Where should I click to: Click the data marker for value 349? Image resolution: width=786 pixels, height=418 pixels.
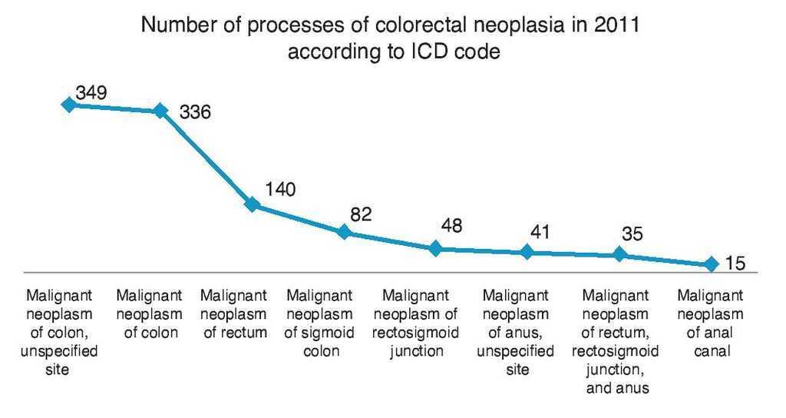(68, 104)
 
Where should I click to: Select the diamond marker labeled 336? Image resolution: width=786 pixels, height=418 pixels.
(160, 110)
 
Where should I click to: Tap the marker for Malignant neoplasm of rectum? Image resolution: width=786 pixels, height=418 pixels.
(252, 204)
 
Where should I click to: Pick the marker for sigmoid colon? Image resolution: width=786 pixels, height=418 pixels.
(344, 231)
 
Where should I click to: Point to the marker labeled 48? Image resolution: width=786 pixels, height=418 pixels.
(435, 248)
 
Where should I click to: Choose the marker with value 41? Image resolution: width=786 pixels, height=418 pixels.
(527, 252)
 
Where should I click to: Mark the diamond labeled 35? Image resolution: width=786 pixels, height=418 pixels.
(619, 254)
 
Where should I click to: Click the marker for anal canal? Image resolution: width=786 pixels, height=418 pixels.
(710, 264)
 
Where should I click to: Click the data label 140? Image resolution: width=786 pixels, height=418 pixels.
(280, 190)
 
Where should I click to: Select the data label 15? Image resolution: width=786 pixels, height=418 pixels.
(735, 264)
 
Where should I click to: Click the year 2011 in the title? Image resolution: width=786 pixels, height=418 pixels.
(617, 26)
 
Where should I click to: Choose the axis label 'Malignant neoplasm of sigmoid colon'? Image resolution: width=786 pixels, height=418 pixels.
(319, 323)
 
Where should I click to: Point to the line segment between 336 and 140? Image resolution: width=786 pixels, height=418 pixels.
(206, 157)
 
